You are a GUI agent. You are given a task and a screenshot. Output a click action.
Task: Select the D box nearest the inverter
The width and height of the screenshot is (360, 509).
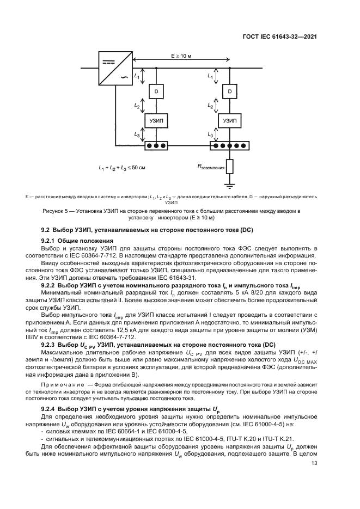(x=157, y=91)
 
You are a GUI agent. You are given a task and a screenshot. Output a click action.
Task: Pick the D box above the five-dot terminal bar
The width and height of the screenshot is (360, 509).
(x=231, y=91)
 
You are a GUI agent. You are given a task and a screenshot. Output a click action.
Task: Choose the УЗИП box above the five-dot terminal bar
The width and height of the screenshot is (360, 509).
(x=231, y=120)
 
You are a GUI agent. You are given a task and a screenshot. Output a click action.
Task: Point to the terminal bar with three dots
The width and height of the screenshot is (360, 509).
(x=156, y=146)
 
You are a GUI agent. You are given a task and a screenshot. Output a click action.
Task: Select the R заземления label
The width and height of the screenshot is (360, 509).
(x=211, y=168)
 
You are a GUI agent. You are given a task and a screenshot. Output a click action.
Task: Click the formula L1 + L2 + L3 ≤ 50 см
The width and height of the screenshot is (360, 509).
(x=122, y=168)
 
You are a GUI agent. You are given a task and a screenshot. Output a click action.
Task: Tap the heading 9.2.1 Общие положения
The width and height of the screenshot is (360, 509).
(x=77, y=240)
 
